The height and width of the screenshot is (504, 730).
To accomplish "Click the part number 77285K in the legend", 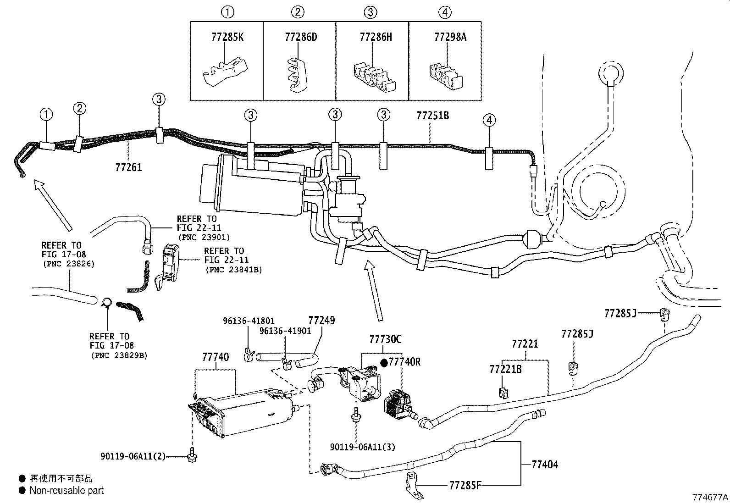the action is coord(227,37).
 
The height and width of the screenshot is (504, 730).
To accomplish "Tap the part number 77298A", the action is coord(450,37).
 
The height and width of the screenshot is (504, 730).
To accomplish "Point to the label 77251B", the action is coord(433,116).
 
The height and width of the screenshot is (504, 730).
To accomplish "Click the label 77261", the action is coord(129,167).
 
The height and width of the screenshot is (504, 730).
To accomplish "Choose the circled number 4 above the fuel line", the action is coord(489,120).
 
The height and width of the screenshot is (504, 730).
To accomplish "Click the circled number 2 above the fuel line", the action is coord(79,108).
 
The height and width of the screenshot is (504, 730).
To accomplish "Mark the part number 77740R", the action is coord(405,362).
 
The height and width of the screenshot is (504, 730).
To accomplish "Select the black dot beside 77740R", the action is coord(384,362).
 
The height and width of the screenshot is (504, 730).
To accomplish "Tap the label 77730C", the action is coord(385,339).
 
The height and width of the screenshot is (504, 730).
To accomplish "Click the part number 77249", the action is coord(321,321).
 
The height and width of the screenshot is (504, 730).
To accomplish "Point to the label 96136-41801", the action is coord(249,321).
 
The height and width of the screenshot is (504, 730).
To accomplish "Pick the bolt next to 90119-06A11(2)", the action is coord(192,455).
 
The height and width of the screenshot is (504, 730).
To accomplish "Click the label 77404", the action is coord(545,464).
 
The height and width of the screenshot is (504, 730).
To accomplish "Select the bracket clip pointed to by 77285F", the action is coord(413,485).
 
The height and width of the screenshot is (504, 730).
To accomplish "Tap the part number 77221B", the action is coord(505,369).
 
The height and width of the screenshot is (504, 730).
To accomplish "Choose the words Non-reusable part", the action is coord(66,490).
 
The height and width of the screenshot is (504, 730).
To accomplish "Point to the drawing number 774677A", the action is coord(710,497).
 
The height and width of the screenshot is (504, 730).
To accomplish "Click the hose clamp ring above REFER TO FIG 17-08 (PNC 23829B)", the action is coord(106,302).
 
